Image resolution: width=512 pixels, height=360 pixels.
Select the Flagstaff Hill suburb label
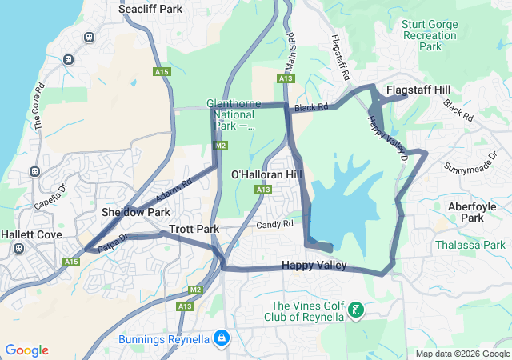click(x=418, y=90)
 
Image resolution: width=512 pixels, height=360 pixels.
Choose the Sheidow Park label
click(x=136, y=212)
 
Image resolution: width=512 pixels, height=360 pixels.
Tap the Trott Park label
click(x=194, y=229)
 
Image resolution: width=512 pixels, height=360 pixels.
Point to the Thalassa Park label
click(x=470, y=245)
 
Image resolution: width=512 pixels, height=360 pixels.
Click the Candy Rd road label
click(x=274, y=225)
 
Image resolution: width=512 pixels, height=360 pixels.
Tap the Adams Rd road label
click(x=174, y=190)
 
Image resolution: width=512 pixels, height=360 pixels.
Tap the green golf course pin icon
click(x=357, y=309)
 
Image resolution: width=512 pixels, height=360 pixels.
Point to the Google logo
click(x=26, y=350)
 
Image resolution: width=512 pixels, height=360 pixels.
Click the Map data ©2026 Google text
click(x=462, y=354)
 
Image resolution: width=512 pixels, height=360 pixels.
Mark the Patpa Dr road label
click(x=113, y=243)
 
